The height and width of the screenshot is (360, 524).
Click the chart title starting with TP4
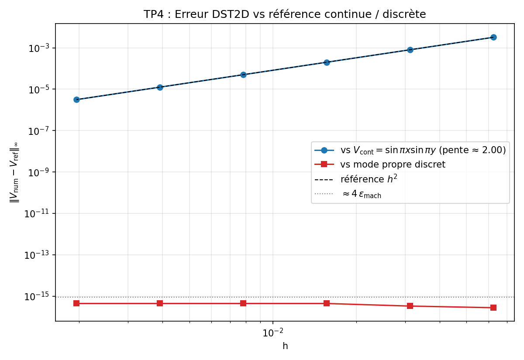click(285, 14)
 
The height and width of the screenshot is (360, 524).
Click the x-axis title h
click(285, 346)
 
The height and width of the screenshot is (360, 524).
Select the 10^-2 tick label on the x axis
click(272, 333)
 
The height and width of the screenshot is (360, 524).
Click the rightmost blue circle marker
click(493, 37)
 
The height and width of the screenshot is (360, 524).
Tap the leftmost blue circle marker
click(76, 99)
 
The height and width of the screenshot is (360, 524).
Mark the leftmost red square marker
click(76, 303)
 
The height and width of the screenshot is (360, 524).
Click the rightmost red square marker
click(493, 308)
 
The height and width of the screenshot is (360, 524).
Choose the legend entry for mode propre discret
click(393, 165)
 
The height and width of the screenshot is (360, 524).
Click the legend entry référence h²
click(369, 179)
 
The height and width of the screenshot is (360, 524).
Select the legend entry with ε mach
click(361, 194)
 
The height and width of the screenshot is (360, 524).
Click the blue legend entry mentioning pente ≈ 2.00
click(423, 150)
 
